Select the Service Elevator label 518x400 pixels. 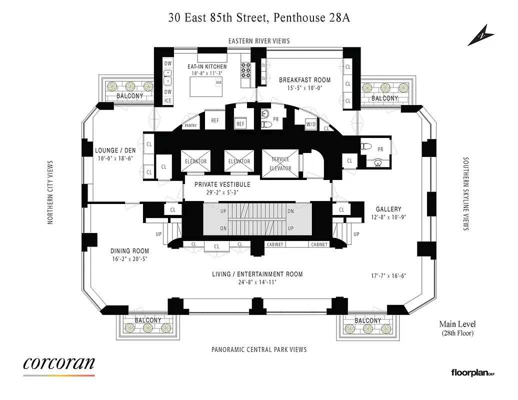[x=280, y=163]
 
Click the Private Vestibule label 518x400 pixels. [x=222, y=184]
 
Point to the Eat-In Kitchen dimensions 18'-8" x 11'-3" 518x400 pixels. [x=206, y=73]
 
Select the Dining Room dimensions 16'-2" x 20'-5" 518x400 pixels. [x=129, y=258]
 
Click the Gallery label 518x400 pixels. [x=388, y=209]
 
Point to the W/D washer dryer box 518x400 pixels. [x=310, y=124]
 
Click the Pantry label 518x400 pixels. [x=191, y=125]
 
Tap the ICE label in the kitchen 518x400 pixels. [x=168, y=100]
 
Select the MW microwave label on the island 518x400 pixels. [x=218, y=82]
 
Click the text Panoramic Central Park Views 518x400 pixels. [x=258, y=349]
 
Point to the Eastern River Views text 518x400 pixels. [x=258, y=41]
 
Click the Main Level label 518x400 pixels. [x=457, y=324]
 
